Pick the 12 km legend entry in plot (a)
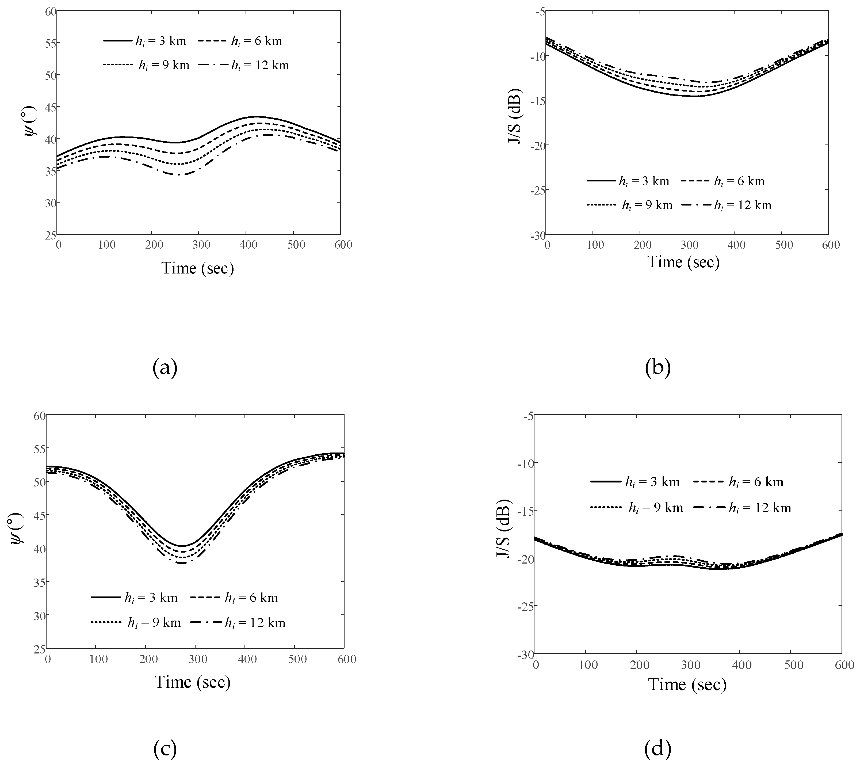(260, 65)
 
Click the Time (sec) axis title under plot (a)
(197, 268)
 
